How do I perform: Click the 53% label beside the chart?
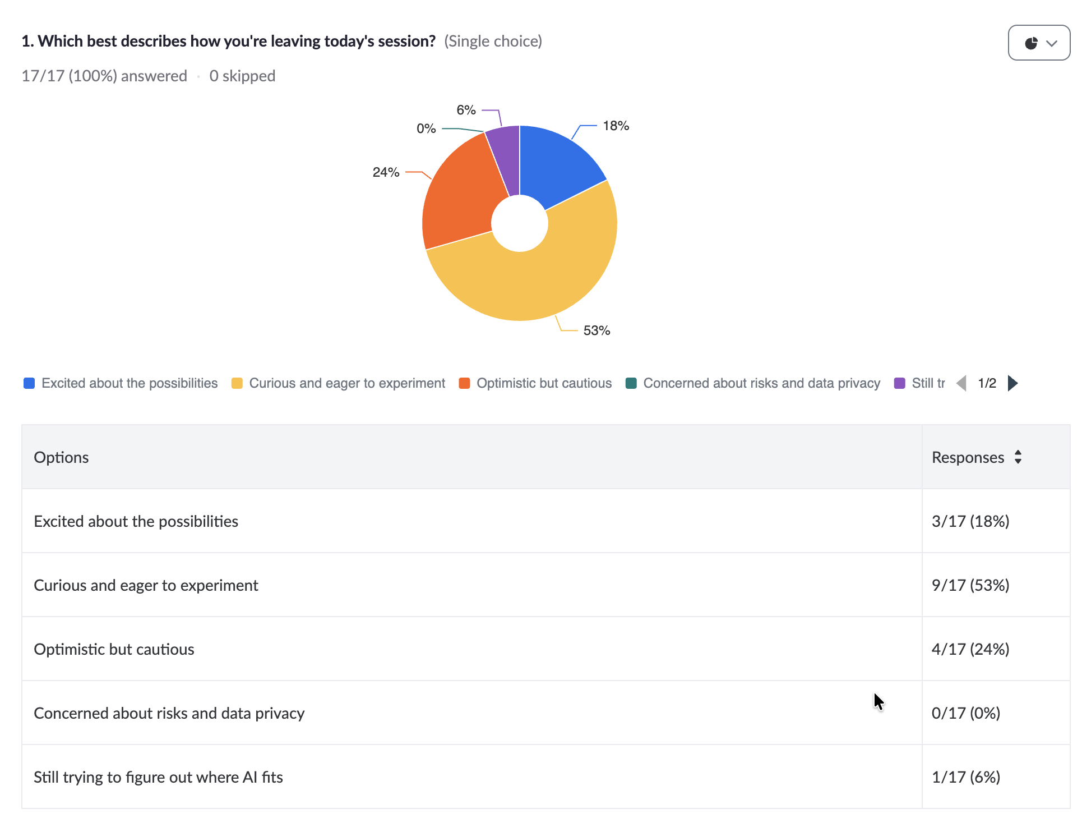tap(597, 330)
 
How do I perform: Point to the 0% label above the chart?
tap(426, 128)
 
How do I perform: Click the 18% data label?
tap(616, 126)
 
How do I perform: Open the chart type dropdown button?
tap(1039, 43)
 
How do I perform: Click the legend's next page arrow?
tap(1012, 383)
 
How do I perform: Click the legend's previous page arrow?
tap(961, 383)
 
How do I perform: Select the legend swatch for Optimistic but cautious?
tap(464, 383)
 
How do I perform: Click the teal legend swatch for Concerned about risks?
tap(631, 383)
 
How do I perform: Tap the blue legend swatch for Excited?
tap(29, 383)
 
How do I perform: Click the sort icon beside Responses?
tap(1018, 457)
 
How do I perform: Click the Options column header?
tap(61, 457)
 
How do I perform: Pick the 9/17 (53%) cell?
tap(970, 585)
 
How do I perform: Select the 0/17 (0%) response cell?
tap(966, 713)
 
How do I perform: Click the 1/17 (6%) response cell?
tap(966, 777)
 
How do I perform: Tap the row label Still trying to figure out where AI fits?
tap(158, 777)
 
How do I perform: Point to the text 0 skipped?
tap(242, 76)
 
